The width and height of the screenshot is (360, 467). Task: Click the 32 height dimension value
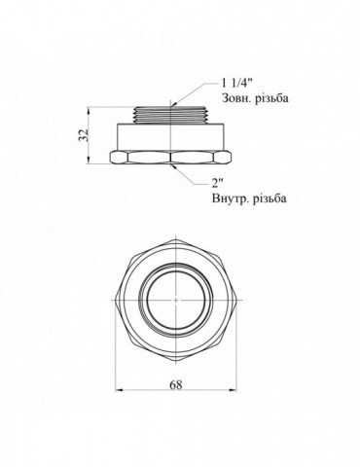pos(84,135)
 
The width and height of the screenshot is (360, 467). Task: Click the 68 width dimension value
pos(176,384)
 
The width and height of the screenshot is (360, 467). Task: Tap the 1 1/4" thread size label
pos(237,84)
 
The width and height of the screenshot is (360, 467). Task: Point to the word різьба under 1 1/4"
pos(271,98)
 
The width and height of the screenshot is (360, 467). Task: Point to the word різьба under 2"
pos(270,198)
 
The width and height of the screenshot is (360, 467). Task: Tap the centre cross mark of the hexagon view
pos(175,300)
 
